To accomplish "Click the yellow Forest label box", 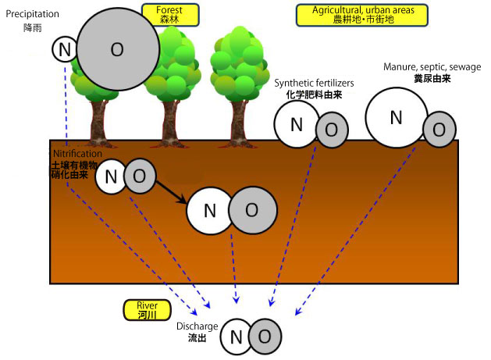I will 169,15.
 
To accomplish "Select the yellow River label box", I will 147,309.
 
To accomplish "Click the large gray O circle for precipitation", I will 117,49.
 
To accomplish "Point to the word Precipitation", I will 32,13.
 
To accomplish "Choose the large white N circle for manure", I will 396,117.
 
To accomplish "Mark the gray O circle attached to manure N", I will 439,128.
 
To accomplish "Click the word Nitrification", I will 76,154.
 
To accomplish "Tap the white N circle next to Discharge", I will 236,337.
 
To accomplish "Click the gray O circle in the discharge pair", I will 265,336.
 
